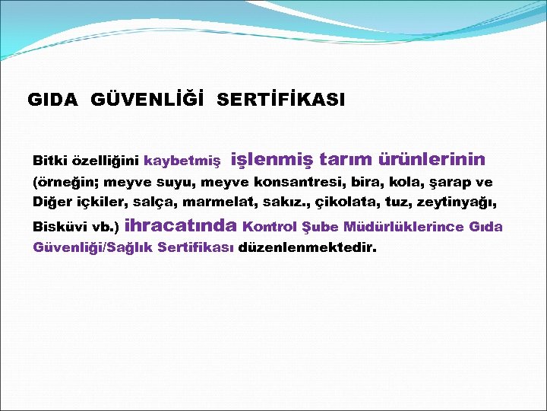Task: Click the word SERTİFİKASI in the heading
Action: tap(280, 100)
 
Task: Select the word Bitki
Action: tap(49, 161)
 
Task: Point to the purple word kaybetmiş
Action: tap(182, 161)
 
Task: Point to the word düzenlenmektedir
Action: tap(307, 247)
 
